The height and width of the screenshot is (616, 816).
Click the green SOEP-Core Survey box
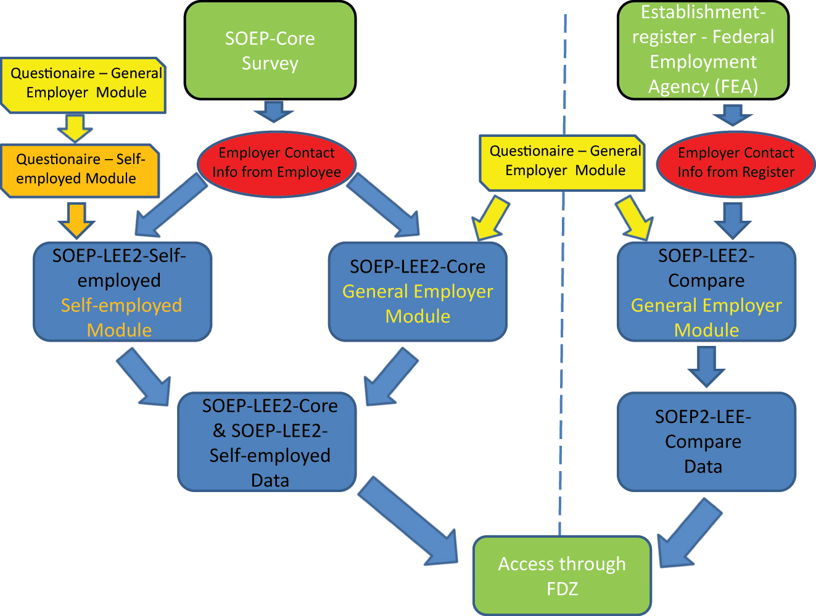pos(270,51)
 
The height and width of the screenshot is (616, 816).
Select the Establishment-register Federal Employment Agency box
pos(703,50)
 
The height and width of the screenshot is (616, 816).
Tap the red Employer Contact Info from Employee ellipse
pos(276,163)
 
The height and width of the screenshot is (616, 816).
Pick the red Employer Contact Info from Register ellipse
pos(735,163)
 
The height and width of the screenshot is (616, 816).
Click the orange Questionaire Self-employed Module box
pos(80,170)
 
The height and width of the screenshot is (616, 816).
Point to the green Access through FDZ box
pos(562,575)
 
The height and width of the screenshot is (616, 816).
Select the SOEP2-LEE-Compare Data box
pos(706,441)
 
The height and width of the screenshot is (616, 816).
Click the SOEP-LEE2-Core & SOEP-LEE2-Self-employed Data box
pos(267,441)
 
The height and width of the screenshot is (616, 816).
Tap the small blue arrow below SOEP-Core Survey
pos(273,112)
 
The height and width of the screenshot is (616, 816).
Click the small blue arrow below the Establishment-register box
pos(732,115)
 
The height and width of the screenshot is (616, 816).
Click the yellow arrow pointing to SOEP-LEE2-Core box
pos(491,219)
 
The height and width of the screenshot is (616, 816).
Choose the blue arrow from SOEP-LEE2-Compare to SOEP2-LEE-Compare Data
pos(706,366)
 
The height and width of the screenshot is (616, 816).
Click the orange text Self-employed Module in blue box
pos(121,318)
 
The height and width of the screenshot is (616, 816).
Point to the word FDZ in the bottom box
pos(562,589)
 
